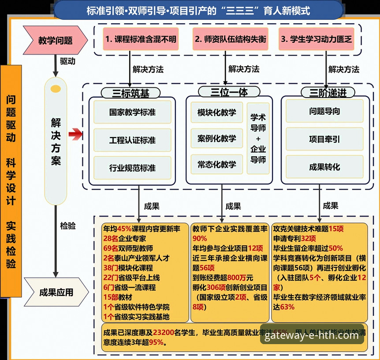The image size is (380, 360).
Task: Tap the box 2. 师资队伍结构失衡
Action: click(x=231, y=39)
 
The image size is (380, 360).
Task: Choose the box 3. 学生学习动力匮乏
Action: click(x=316, y=39)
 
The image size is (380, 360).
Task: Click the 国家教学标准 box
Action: click(x=132, y=112)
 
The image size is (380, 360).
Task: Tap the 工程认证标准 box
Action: click(x=132, y=140)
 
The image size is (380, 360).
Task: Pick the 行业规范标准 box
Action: click(x=132, y=168)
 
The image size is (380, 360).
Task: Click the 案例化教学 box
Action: click(x=216, y=139)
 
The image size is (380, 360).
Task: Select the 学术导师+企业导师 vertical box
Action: click(x=258, y=139)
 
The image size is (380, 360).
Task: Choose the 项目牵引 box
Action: click(x=324, y=139)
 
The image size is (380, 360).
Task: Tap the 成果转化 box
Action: click(x=324, y=167)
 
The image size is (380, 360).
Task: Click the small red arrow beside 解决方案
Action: click(x=75, y=135)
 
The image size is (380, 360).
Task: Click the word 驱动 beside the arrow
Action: click(x=67, y=61)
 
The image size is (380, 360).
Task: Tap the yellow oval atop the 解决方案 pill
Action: click(x=56, y=90)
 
